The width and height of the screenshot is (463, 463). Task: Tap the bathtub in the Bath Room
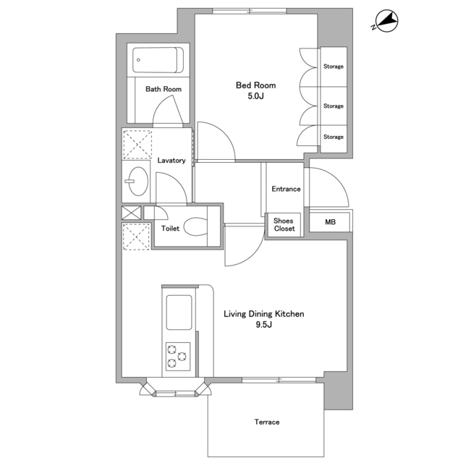158,60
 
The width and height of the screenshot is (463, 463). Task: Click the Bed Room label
255,85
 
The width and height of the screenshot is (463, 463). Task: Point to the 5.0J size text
255,96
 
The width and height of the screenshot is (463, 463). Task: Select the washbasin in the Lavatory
138,182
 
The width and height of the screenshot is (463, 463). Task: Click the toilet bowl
195,226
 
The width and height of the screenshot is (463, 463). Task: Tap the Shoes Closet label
284,225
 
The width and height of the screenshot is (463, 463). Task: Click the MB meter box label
330,222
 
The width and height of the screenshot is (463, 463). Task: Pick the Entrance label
286,189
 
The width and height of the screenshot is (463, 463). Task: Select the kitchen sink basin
179,313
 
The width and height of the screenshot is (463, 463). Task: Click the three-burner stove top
178,357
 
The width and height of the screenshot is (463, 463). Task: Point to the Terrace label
267,422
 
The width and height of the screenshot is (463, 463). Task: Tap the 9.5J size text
263,325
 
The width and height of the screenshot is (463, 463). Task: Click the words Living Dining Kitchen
263,314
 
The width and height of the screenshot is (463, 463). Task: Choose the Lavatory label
171,161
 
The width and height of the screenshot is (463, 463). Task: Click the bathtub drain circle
138,60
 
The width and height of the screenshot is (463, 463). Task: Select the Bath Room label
163,89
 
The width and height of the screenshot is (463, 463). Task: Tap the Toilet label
170,229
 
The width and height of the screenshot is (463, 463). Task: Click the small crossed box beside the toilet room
132,213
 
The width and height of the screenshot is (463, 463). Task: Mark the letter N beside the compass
373,27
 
